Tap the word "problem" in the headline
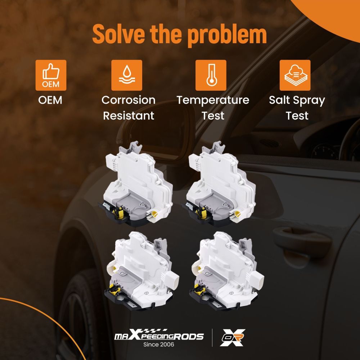227,36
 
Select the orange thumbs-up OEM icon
51,75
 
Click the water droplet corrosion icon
127,75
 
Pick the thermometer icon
211,75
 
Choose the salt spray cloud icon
295,75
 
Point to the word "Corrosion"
129,100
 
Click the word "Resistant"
129,116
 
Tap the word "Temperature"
213,100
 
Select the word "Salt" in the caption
280,100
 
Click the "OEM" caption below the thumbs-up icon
50,100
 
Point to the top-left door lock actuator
136,184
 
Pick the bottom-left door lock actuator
142,271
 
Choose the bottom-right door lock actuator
226,271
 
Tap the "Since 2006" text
159,345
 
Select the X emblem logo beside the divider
232,338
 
